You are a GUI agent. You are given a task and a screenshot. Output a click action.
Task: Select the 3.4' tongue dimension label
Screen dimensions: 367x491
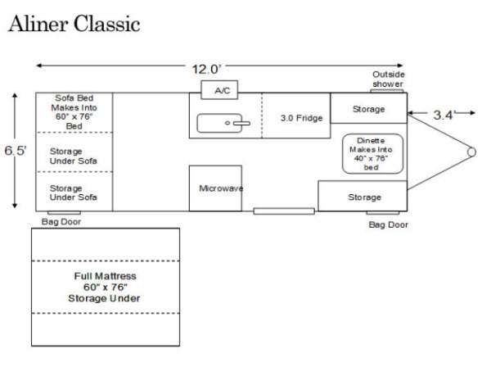click(x=443, y=115)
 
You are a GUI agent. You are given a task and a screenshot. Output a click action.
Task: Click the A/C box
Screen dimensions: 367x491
click(x=221, y=91)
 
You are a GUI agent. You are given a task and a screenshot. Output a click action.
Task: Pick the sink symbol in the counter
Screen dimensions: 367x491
click(x=223, y=124)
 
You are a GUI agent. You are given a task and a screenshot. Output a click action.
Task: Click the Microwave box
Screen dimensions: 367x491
click(x=216, y=188)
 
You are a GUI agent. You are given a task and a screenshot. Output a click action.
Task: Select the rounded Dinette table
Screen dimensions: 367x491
click(x=372, y=152)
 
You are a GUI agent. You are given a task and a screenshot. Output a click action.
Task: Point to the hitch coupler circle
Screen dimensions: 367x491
click(x=471, y=152)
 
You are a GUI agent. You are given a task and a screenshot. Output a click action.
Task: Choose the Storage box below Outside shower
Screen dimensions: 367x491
click(x=368, y=108)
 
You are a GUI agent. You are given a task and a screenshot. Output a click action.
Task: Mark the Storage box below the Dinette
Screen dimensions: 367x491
click(x=363, y=197)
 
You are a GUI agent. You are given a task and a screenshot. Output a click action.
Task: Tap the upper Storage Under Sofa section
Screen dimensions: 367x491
click(x=74, y=156)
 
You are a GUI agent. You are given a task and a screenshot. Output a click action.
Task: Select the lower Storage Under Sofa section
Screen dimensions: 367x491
click(x=74, y=193)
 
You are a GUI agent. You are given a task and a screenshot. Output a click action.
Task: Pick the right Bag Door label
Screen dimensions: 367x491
click(x=388, y=224)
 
